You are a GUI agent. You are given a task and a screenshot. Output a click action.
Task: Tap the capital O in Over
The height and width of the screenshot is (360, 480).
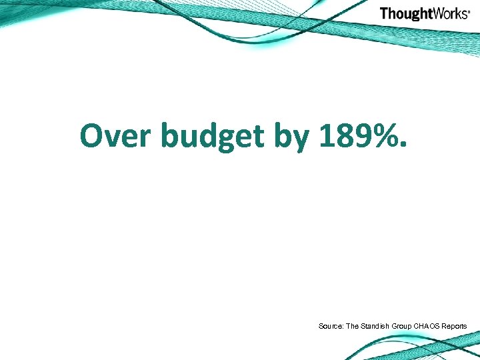tap(93, 136)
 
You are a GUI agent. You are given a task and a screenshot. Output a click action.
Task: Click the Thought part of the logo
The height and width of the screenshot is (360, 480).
tap(406, 13)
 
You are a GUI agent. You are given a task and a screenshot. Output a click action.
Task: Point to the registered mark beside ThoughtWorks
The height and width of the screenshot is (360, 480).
tap(469, 11)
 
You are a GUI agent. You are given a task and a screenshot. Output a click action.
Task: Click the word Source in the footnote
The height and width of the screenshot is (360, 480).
tap(330, 326)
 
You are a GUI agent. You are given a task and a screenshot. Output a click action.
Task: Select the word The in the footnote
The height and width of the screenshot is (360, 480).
tap(351, 326)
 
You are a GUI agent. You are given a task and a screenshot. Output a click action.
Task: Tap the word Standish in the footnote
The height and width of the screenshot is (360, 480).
tap(375, 326)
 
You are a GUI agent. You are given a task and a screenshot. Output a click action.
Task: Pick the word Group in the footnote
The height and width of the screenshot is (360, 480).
tap(403, 326)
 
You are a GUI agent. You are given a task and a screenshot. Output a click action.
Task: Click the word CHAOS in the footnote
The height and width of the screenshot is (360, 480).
tap(428, 326)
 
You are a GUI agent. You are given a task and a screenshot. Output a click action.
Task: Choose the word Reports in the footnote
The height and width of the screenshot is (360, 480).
tap(455, 326)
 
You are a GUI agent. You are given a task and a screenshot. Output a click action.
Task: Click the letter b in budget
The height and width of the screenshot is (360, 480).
tap(171, 136)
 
